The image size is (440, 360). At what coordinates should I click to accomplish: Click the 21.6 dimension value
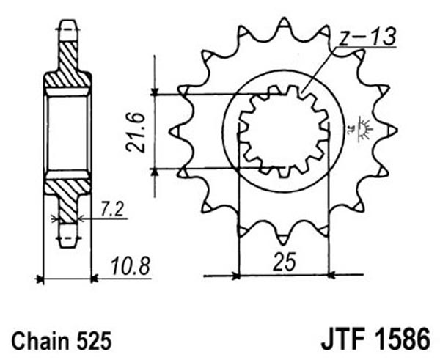pos(136,132)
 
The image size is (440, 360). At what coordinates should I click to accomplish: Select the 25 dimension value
pos(284,262)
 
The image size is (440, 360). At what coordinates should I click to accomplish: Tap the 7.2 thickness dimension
pos(111,209)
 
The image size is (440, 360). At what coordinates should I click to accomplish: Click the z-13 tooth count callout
pos(367,37)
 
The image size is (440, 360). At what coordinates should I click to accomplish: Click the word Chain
pos(40,341)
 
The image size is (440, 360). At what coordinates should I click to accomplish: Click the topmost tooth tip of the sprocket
pos(283,19)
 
